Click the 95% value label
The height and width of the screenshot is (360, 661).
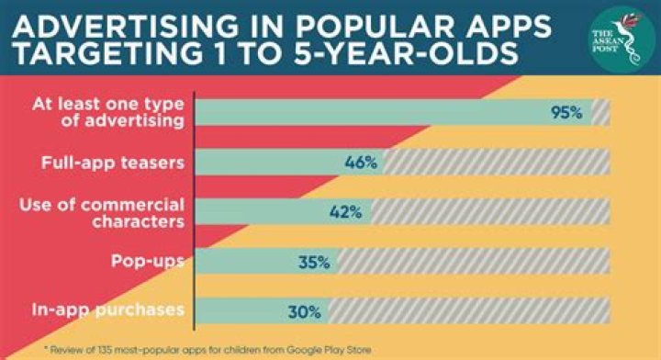point(566,113)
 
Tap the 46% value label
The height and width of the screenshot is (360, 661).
point(361,163)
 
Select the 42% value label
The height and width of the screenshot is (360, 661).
point(346,212)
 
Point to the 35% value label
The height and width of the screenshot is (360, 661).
point(314,263)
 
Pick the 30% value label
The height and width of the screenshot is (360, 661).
point(305,312)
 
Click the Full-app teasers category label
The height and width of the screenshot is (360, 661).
point(113,163)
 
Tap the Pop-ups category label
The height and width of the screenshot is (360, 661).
point(148,262)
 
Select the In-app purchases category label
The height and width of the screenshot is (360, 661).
point(108,310)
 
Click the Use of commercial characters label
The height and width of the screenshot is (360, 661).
point(102,213)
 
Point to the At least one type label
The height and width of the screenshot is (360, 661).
point(108,104)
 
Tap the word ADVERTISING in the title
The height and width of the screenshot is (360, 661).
point(125,26)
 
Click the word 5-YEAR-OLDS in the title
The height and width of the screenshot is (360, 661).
point(406,53)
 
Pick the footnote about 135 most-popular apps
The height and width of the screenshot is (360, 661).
point(207,350)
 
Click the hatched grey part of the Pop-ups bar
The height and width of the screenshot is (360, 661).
point(474,262)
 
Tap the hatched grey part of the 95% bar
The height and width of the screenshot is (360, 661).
point(600,113)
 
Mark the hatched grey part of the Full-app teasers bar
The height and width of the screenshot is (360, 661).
point(497,162)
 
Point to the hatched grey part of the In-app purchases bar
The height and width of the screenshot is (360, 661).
point(469,311)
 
